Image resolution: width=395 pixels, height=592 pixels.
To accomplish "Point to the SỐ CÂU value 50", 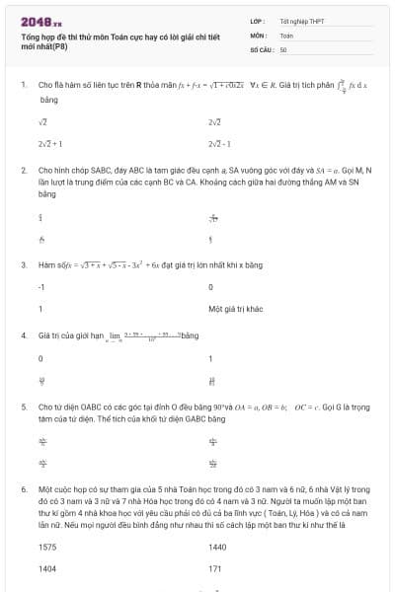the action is tap(283, 48).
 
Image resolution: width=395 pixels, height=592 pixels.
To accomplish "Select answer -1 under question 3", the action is tap(41, 286).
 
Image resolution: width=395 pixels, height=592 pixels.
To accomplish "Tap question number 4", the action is tap(23, 335).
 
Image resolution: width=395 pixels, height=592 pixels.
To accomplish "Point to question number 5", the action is tap(23, 406).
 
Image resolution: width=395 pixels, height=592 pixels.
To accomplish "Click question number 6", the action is tap(23, 488).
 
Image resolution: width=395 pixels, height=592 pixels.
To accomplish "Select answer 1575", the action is tap(47, 547).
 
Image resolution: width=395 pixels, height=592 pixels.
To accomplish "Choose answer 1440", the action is tap(217, 547).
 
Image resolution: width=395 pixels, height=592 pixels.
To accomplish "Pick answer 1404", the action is tap(47, 568).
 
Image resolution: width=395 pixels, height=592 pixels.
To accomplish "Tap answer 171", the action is tap(214, 568).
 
